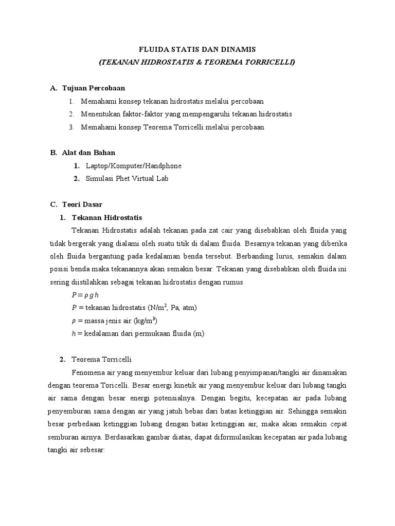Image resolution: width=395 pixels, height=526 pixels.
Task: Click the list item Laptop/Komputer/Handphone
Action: coord(134,166)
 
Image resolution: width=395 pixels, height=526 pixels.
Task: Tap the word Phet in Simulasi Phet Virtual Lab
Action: coord(123,179)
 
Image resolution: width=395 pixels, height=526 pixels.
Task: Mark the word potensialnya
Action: coord(177,398)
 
